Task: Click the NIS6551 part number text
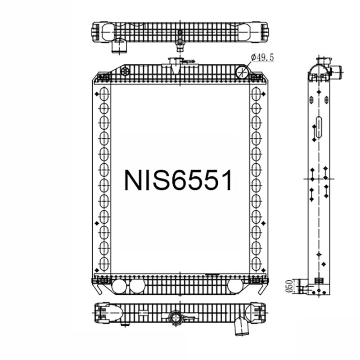click(x=178, y=180)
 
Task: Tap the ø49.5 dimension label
click(x=262, y=57)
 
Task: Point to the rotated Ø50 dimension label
click(x=289, y=286)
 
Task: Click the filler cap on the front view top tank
click(x=174, y=62)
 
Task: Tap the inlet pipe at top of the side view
click(x=335, y=71)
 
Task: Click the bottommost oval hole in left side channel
click(x=104, y=263)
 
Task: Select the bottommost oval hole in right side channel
click(x=256, y=263)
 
